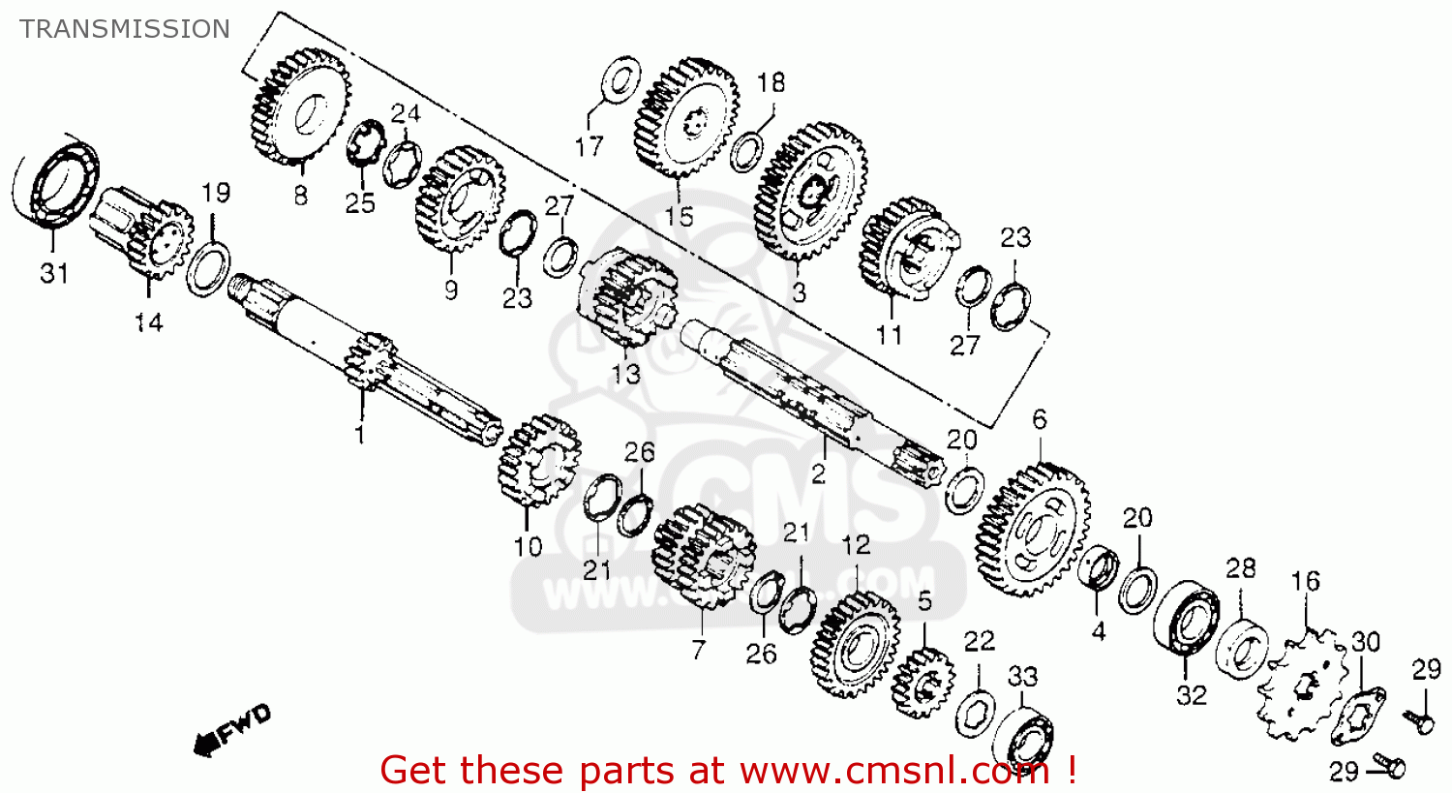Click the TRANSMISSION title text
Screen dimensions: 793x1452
pos(125,29)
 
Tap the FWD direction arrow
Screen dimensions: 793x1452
pos(232,729)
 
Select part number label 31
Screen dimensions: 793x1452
pos(54,274)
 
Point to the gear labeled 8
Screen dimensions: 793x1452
pos(299,107)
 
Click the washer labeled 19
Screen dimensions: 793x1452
pos(207,270)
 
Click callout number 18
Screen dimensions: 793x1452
pos(771,83)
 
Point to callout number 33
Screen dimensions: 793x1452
pos(1023,677)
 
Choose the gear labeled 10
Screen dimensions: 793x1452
pos(537,462)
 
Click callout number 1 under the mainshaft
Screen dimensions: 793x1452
pos(359,435)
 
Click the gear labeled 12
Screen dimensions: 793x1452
pos(855,644)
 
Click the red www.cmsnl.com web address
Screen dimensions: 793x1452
pos(895,771)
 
